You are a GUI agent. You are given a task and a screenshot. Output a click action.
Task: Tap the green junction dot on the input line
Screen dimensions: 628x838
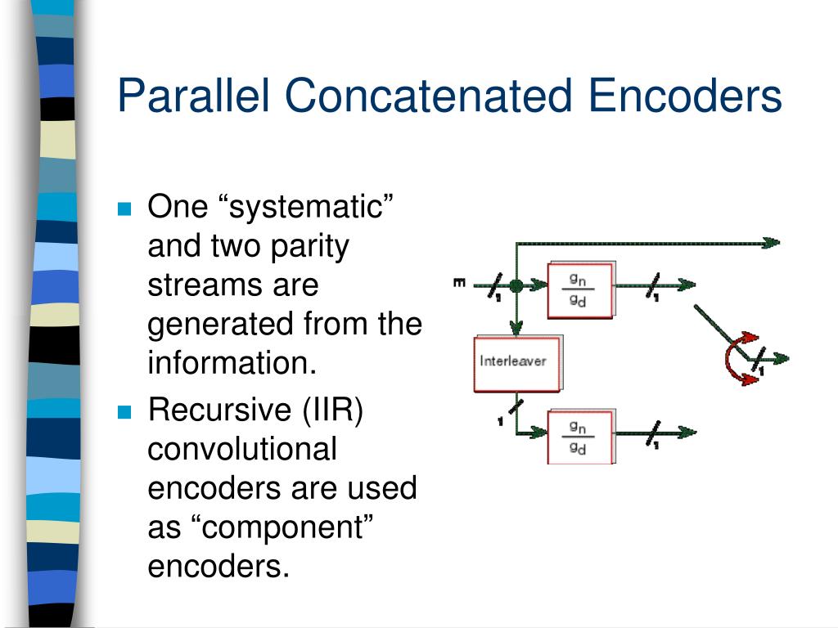tap(516, 285)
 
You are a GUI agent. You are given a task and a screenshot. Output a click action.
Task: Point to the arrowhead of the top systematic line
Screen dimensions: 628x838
tap(770, 242)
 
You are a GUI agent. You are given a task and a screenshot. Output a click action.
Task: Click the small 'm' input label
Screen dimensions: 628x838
tap(459, 284)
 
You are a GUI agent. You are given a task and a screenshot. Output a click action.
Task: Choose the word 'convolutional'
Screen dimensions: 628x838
tap(241, 449)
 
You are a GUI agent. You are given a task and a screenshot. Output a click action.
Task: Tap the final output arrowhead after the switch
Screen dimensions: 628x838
tap(782, 357)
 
